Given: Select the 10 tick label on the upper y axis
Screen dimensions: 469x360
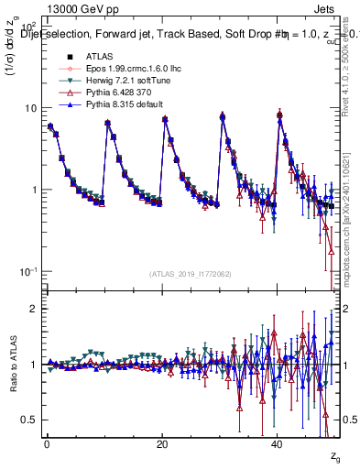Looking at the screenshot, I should click(x=30, y=108).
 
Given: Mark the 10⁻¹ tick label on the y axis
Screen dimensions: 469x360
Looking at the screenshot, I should click(x=27, y=271).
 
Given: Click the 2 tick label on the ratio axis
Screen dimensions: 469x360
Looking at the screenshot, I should click(x=33, y=309).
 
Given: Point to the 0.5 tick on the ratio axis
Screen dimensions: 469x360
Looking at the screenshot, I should click(x=29, y=420).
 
